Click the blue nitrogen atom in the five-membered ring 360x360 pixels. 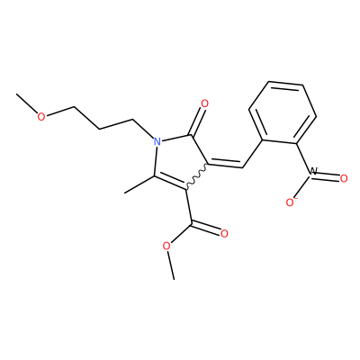[157, 140]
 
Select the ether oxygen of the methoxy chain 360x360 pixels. [41, 116]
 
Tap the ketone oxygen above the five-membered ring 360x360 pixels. [204, 103]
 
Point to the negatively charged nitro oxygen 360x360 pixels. [290, 202]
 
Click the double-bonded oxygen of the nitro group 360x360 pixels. [344, 179]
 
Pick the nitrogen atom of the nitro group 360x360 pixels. [313, 172]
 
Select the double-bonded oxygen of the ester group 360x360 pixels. [224, 234]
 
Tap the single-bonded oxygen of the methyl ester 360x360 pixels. [166, 247]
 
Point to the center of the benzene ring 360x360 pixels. [283, 113]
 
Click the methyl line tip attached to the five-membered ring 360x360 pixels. [124, 193]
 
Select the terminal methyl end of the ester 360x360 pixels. [174, 280]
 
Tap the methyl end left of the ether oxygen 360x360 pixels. [17, 94]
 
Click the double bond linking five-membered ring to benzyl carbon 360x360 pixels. [225, 165]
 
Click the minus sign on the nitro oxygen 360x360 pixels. [295, 199]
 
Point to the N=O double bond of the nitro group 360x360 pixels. [328, 176]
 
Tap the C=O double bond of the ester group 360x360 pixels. [207, 227]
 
